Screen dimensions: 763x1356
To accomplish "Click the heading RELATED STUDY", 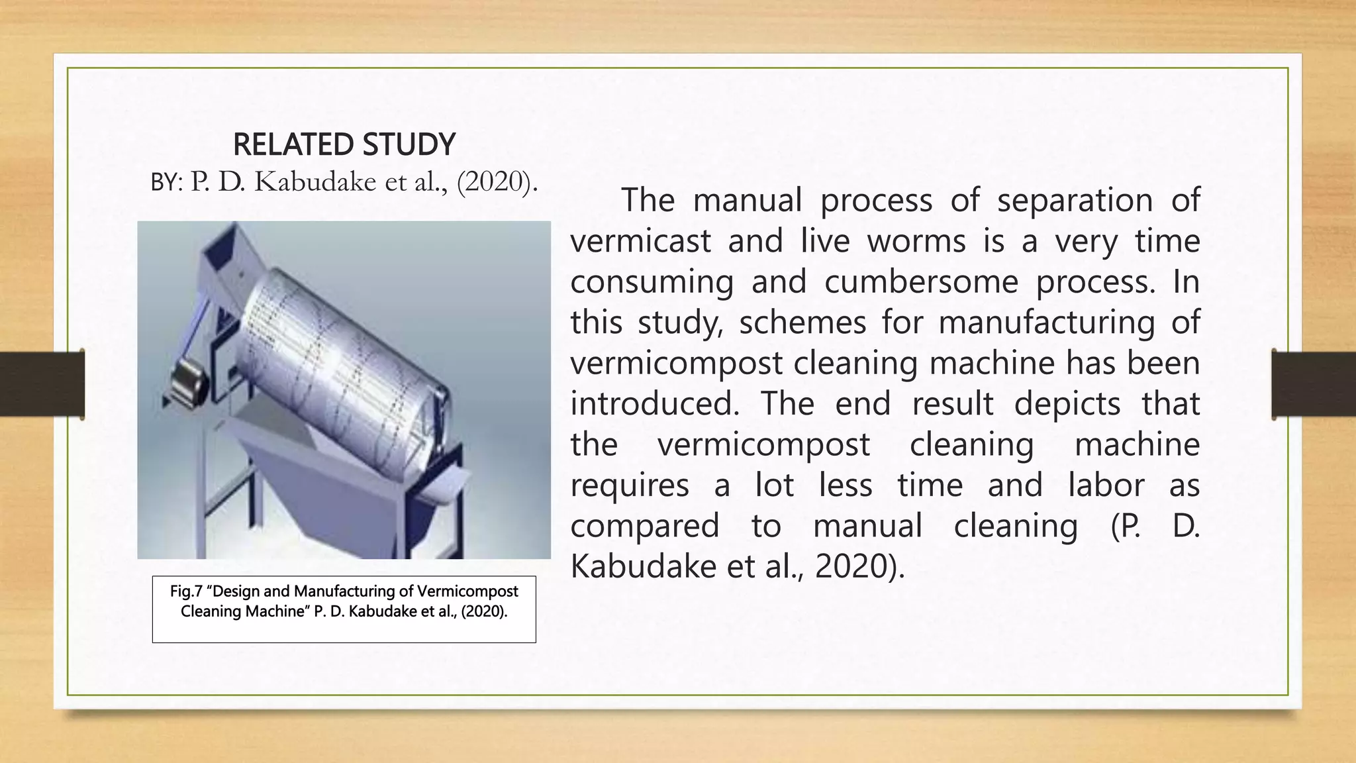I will click(344, 144).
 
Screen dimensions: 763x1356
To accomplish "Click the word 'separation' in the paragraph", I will click(1075, 200).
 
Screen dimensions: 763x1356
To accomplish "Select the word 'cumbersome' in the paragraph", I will click(921, 281).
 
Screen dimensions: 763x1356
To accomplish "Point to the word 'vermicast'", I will click(640, 241).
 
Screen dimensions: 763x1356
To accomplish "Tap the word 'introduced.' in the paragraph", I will click(655, 404).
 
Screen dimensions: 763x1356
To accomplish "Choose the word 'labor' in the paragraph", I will click(1106, 485).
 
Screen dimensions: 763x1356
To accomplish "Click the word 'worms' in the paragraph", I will click(916, 241).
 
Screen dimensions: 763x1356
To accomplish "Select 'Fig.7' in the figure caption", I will click(185, 591).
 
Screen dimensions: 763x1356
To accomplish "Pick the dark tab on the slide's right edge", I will click(1314, 384).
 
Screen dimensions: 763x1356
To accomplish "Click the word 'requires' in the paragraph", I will click(630, 485).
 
